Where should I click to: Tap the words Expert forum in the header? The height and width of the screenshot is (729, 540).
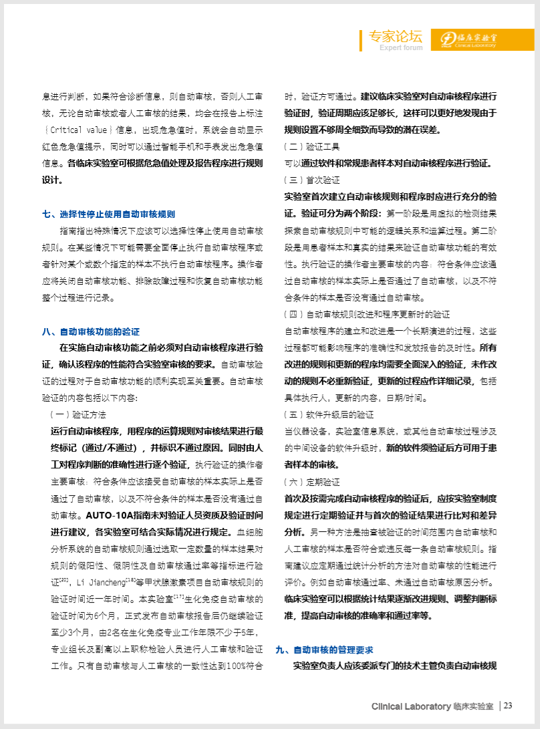(x=401, y=47)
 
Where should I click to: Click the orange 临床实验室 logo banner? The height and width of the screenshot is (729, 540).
(x=472, y=39)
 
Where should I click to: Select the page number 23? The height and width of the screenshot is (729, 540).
(x=508, y=706)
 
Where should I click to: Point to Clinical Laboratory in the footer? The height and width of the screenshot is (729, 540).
(x=411, y=706)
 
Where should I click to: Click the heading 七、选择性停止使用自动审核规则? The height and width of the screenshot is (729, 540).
(x=108, y=214)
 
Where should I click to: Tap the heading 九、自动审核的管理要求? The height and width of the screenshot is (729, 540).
(x=324, y=649)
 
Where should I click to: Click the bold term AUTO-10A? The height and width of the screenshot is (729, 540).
(x=110, y=515)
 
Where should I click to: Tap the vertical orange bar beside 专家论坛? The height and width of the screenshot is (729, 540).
(x=361, y=40)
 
